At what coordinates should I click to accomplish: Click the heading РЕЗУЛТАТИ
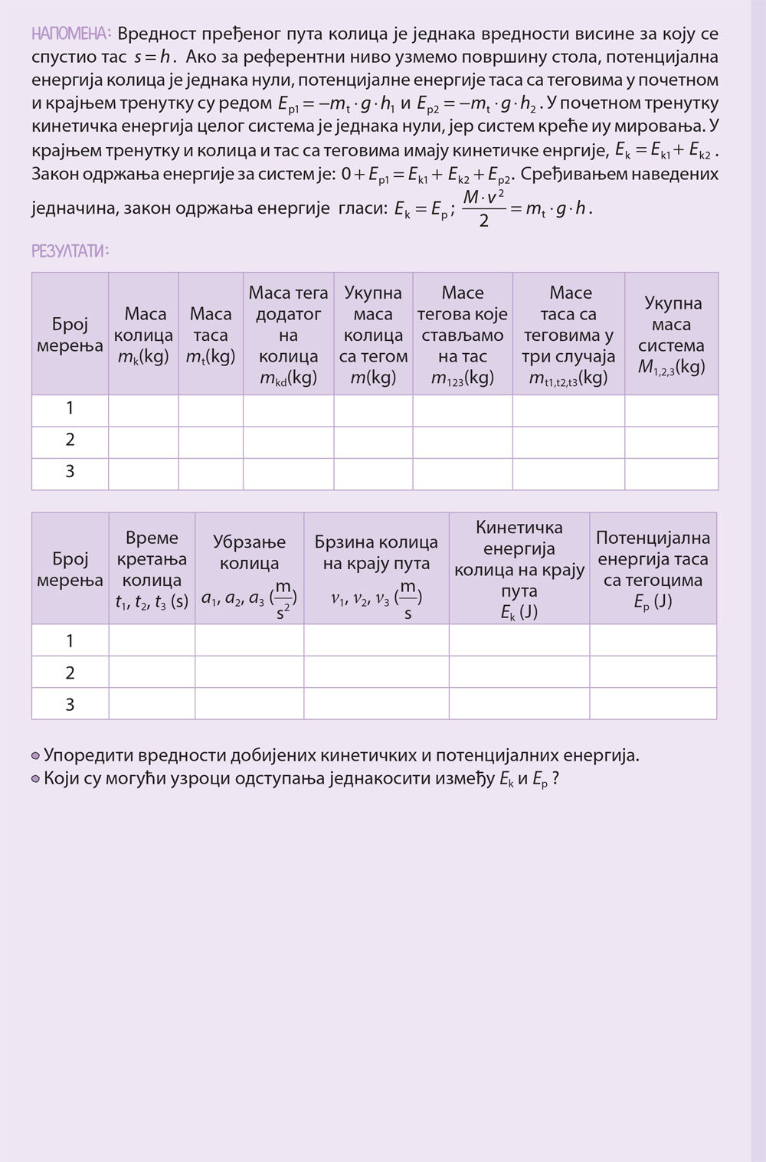click(x=70, y=250)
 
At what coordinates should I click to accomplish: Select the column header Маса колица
click(x=143, y=335)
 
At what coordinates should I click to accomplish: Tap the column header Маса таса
click(x=211, y=335)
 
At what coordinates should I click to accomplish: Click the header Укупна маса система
click(x=671, y=335)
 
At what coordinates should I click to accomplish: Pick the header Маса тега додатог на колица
click(x=288, y=335)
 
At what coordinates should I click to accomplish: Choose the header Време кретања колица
click(x=152, y=569)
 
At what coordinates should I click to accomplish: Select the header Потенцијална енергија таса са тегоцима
click(x=653, y=569)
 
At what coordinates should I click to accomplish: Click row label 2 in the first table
click(x=70, y=440)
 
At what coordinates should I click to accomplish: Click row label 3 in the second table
click(x=70, y=704)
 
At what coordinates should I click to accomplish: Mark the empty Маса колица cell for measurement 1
click(x=143, y=409)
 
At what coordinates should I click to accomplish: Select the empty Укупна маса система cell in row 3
click(x=671, y=473)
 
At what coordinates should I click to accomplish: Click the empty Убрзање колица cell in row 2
click(x=249, y=673)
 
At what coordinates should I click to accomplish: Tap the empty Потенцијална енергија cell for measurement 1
click(x=653, y=640)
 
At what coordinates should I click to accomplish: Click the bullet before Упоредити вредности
click(x=36, y=756)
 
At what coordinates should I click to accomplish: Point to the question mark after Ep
click(x=555, y=779)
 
